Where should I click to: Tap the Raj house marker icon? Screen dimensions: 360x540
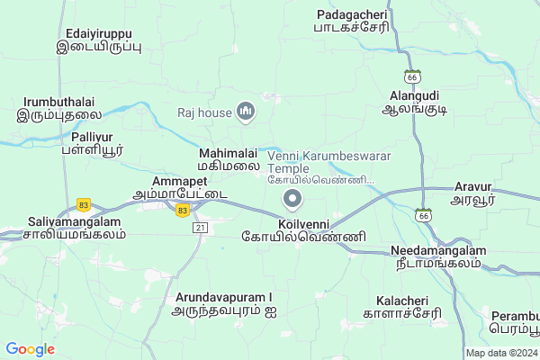(x=247, y=111)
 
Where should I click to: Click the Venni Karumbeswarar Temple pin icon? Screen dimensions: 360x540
(x=292, y=198)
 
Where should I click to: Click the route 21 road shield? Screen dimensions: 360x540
(x=201, y=228)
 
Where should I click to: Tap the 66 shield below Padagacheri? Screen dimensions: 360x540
(x=412, y=75)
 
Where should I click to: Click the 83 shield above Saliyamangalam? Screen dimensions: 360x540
(x=85, y=204)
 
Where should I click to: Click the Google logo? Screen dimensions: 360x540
(x=30, y=349)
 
